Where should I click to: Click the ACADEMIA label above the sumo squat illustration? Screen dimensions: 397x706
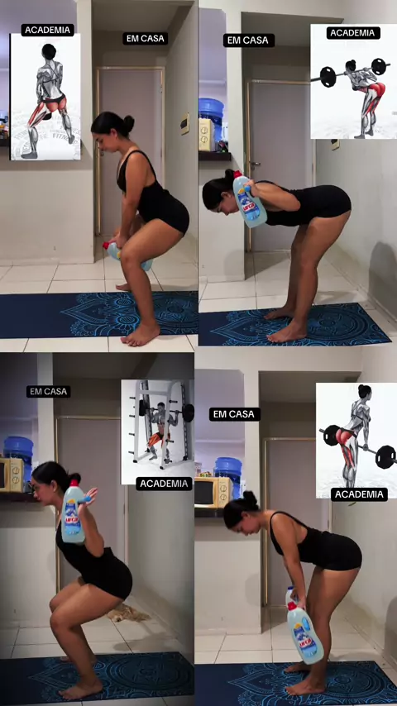coord(48,30)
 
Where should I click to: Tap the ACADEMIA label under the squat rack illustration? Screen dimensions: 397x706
coord(164,484)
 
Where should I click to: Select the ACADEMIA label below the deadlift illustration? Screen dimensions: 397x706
coord(359,494)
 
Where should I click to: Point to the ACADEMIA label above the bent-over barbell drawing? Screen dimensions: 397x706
coord(353,33)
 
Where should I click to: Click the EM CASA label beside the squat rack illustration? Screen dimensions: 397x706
coord(48,391)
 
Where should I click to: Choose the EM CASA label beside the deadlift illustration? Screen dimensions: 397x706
coord(234,414)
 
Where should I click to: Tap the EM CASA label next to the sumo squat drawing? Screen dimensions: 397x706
coord(145,39)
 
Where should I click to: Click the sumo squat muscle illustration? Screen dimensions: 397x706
coord(45,97)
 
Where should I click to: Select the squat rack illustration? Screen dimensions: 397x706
coord(158,432)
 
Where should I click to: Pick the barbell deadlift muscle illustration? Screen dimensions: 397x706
coord(356,441)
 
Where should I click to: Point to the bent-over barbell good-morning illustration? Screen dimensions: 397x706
coord(354,82)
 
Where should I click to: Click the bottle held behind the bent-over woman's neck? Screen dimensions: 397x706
coord(249,199)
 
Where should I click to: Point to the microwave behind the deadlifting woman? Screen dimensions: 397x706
coord(213,492)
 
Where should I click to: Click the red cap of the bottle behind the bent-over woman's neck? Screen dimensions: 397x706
coord(237,174)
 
